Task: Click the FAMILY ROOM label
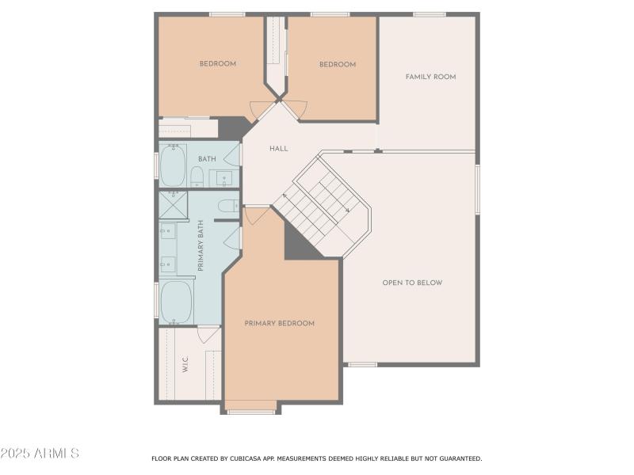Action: (x=430, y=77)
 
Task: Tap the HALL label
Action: (x=278, y=149)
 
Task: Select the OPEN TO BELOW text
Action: (x=412, y=283)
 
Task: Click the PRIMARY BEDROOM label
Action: (x=279, y=323)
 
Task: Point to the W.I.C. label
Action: (x=185, y=365)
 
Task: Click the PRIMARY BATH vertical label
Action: (x=201, y=245)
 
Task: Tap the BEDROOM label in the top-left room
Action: (x=217, y=64)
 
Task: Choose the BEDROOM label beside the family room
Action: (x=338, y=65)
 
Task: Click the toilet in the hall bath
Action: (x=197, y=176)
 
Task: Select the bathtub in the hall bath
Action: (x=173, y=165)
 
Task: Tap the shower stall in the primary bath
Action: (x=172, y=204)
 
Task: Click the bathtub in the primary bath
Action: (x=176, y=302)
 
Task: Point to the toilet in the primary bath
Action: (x=227, y=207)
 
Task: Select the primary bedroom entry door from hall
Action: (x=255, y=215)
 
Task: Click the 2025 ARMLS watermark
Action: (x=40, y=454)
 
